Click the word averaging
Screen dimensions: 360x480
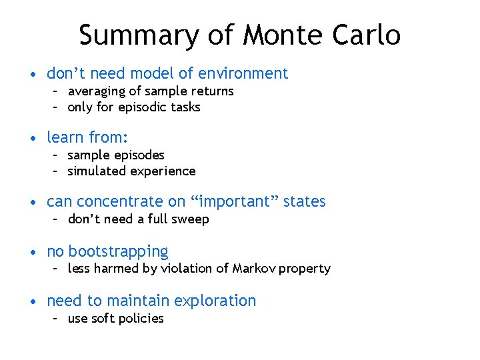pyautogui.click(x=95, y=91)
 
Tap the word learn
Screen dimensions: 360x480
pyautogui.click(x=65, y=137)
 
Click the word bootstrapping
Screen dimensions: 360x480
pyautogui.click(x=118, y=251)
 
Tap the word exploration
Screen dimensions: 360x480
pyautogui.click(x=214, y=301)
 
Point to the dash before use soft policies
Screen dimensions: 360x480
pyautogui.click(x=57, y=319)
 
